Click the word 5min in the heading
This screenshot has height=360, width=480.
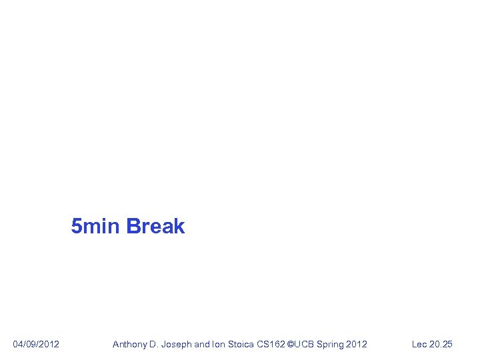96,227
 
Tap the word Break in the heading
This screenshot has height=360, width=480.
155,227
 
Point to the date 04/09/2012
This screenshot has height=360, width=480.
36,344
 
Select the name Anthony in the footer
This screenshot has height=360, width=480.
129,344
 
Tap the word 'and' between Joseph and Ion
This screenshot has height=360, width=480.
201,344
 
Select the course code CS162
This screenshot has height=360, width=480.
273,344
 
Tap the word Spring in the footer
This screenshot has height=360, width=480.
331,344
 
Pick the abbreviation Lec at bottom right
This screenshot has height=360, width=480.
419,344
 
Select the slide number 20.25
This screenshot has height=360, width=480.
441,344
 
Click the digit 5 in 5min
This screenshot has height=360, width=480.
77,227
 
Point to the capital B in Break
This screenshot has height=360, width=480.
132,227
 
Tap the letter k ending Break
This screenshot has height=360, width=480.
179,227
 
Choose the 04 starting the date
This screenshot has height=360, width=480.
18,344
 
